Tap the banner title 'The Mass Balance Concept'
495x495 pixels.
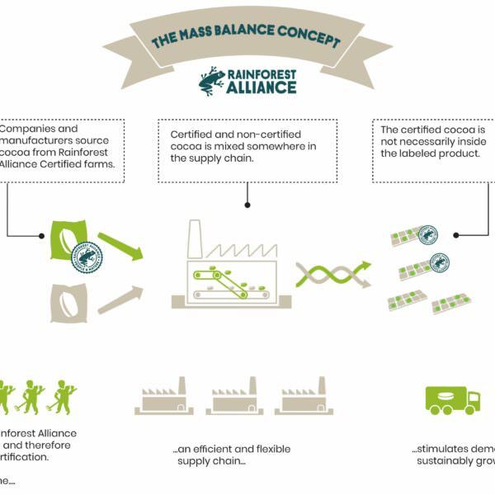point(247,38)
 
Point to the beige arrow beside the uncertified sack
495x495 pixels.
point(120,299)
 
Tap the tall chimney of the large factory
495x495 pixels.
point(196,239)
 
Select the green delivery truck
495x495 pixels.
point(452,399)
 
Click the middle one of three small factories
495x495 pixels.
point(234,398)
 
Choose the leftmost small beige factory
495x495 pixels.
point(164,398)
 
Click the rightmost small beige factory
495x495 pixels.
point(304,398)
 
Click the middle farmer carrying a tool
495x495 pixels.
point(33,396)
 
